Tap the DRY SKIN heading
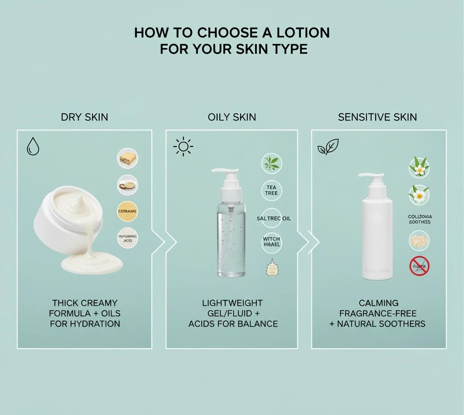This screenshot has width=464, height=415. [x=84, y=117]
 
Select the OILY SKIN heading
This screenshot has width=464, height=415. [x=232, y=117]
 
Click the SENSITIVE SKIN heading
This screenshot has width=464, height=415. [x=377, y=117]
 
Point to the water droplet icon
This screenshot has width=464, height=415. [x=33, y=146]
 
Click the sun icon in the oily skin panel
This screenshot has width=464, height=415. [x=183, y=147]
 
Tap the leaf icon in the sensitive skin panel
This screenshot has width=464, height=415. [x=329, y=147]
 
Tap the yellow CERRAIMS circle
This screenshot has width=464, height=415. [x=127, y=211]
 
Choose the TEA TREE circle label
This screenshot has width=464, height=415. [x=271, y=190]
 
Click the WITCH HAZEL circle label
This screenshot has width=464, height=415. [x=271, y=241]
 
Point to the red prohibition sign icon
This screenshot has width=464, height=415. [x=419, y=266]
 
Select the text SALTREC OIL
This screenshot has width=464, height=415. [x=274, y=218]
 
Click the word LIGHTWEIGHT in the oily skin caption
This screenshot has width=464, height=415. [x=232, y=303]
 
